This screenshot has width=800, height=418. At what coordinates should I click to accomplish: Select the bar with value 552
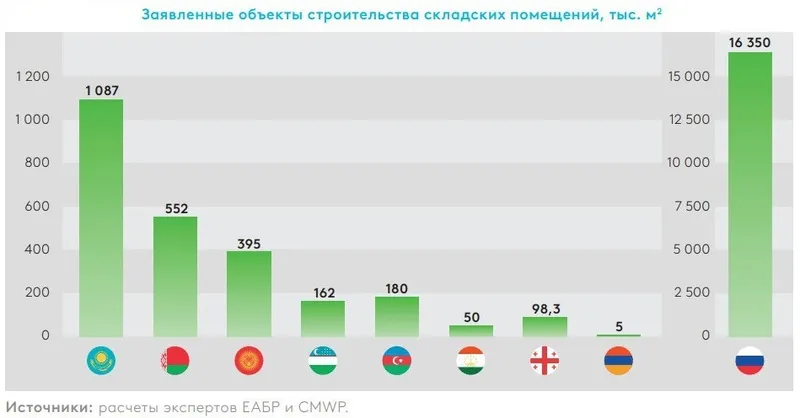(175, 276)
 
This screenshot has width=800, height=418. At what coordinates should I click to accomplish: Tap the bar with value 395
(249, 293)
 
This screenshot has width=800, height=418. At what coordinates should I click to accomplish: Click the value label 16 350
(750, 43)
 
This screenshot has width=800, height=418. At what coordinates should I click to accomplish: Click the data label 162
(323, 291)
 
